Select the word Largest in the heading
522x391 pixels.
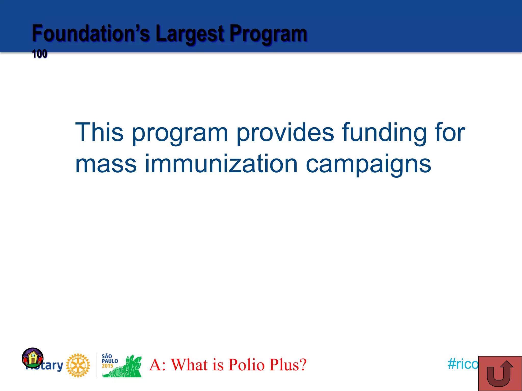(190, 34)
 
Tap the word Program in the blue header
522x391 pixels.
(268, 34)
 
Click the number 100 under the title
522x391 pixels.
(40, 54)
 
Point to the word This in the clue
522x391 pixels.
(99, 132)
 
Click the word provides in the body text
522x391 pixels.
(285, 132)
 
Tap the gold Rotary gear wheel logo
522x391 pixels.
(78, 365)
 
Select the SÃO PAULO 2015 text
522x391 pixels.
(110, 361)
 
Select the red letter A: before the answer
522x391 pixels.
(157, 365)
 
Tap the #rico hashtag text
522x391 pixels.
(463, 364)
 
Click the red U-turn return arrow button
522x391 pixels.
(500, 373)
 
